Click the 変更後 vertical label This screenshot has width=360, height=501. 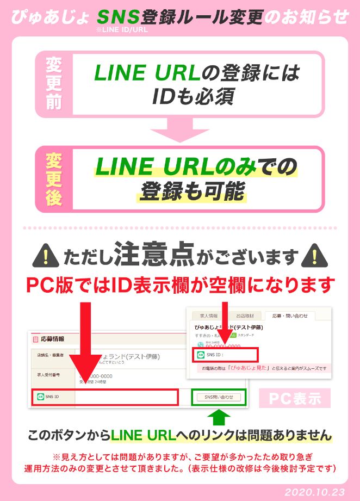[x=54, y=179]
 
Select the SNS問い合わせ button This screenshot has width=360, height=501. [x=219, y=397]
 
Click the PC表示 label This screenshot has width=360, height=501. [x=295, y=398]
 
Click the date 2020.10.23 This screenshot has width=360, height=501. [x=315, y=492]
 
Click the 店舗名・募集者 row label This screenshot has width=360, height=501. [x=50, y=355]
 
